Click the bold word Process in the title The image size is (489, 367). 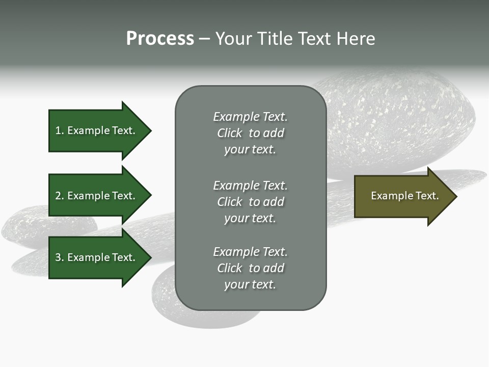(x=160, y=39)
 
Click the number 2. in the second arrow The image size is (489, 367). (x=59, y=196)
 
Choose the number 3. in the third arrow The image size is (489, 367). (x=59, y=257)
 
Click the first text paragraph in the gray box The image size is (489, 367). (x=250, y=133)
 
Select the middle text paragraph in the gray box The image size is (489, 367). (x=250, y=202)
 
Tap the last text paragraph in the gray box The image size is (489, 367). (x=250, y=268)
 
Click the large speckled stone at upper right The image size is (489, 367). (x=402, y=122)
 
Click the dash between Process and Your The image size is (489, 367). (x=205, y=39)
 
